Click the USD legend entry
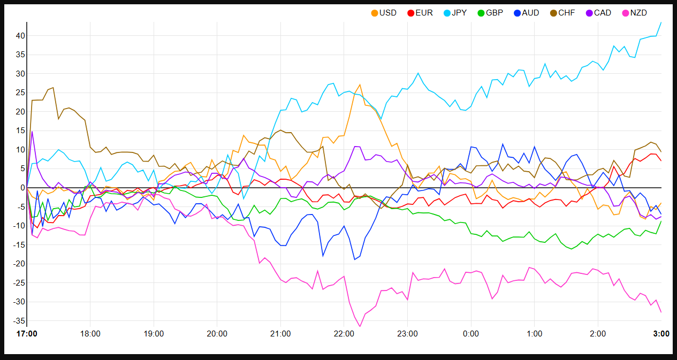(384, 13)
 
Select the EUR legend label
(420, 13)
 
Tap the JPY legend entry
(455, 13)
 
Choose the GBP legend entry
(490, 13)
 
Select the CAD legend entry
(598, 13)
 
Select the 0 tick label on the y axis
(20, 188)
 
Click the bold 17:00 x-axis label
(27, 334)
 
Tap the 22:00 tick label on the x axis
(344, 334)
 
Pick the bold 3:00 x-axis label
(661, 334)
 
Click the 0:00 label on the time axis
(470, 334)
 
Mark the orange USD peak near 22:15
(360, 85)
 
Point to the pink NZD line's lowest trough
(360, 326)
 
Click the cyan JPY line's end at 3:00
(661, 22)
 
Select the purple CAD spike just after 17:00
(32, 132)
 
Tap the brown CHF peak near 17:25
(53, 88)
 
